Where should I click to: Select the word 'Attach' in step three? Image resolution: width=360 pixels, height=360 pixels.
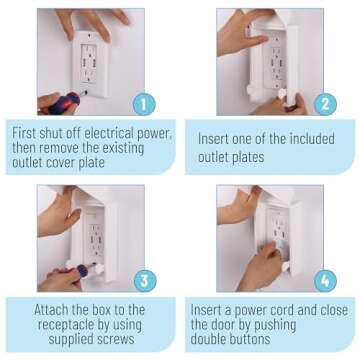[54, 310]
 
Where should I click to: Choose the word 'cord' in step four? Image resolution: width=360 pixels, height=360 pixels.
[318, 310]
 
